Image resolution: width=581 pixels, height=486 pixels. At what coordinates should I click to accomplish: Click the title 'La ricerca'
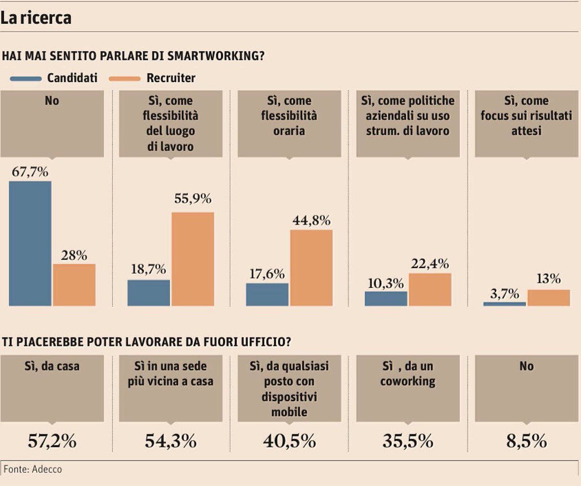coord(36,18)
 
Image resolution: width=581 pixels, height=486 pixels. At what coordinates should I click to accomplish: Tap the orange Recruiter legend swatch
coord(125,78)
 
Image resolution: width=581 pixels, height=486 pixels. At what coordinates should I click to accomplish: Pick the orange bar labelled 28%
coord(74,285)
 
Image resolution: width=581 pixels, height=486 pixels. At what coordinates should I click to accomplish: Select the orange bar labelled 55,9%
coord(193,259)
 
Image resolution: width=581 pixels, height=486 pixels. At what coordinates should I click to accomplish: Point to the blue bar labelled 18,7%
coord(149,293)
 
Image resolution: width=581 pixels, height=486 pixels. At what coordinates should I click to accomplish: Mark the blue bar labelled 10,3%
coord(386,298)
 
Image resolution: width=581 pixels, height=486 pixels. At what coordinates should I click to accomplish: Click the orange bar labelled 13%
coord(549,297)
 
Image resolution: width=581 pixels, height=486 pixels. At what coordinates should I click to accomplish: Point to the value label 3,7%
coord(504,294)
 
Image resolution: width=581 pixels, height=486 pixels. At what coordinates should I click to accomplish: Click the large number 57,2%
coord(52,441)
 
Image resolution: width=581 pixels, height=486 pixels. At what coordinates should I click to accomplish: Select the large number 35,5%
coord(408,441)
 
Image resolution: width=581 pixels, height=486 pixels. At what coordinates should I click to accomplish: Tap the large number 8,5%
coord(526,441)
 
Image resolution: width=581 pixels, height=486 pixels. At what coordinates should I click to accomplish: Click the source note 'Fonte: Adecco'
coord(33,469)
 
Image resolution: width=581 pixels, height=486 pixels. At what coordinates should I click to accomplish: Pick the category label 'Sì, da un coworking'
coord(408,373)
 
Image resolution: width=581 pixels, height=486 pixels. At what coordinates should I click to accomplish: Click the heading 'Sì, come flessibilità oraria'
coord(289,116)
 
